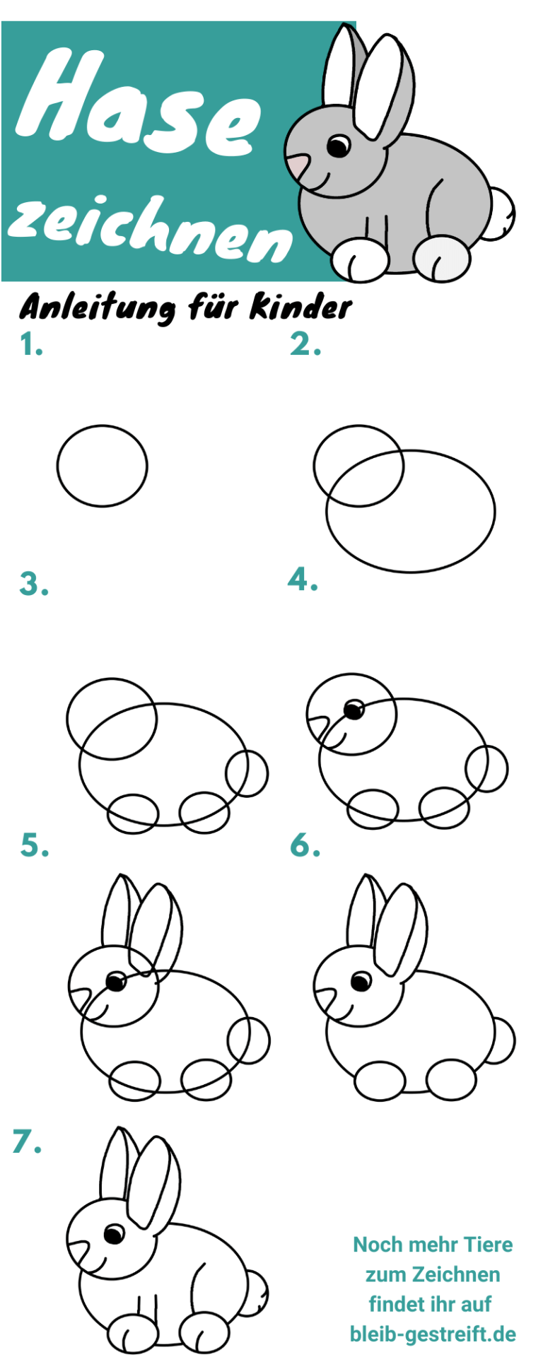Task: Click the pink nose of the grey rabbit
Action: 298,167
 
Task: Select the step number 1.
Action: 31,345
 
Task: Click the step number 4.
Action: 303,580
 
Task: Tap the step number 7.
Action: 27,1141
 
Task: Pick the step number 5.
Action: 35,845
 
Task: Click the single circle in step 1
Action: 57,466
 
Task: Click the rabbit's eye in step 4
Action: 354,708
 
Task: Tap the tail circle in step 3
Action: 267,774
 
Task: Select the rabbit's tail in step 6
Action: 513,1039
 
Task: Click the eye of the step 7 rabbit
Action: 114,1234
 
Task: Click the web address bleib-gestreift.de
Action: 433,1334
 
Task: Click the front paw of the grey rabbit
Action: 360,259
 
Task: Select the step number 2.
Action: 305,344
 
